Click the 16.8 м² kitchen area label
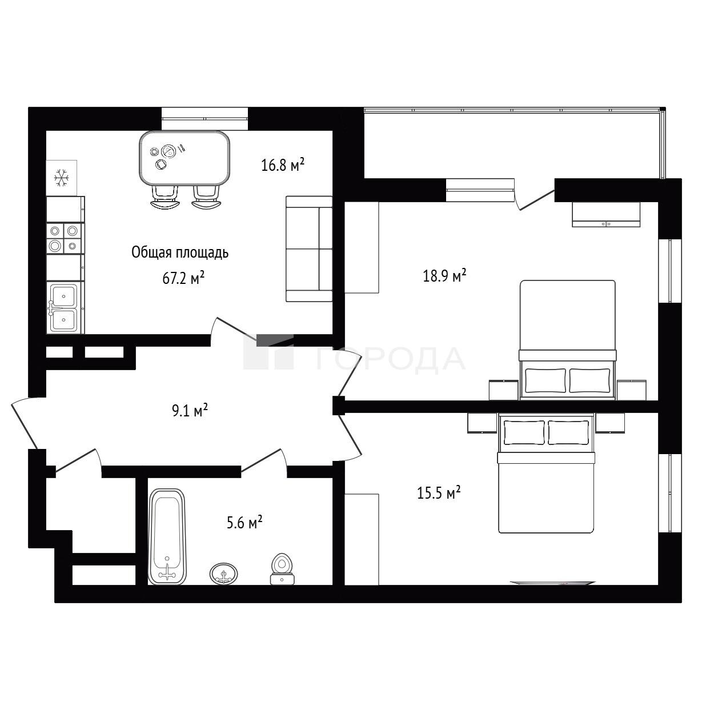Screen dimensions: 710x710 [283, 165]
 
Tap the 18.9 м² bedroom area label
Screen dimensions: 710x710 [444, 275]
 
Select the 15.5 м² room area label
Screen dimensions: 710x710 [439, 492]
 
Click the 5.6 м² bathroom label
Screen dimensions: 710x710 [244, 522]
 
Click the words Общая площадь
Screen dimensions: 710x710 [180, 253]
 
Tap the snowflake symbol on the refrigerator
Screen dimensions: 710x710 [62, 178]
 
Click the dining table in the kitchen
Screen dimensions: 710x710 [184, 158]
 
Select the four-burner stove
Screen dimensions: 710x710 [65, 238]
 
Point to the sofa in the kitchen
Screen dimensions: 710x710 [309, 249]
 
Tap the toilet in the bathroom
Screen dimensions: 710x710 [282, 570]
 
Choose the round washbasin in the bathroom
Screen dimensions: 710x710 [224, 573]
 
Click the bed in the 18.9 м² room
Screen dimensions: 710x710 [567, 340]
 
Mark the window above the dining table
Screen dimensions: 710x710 [204, 118]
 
